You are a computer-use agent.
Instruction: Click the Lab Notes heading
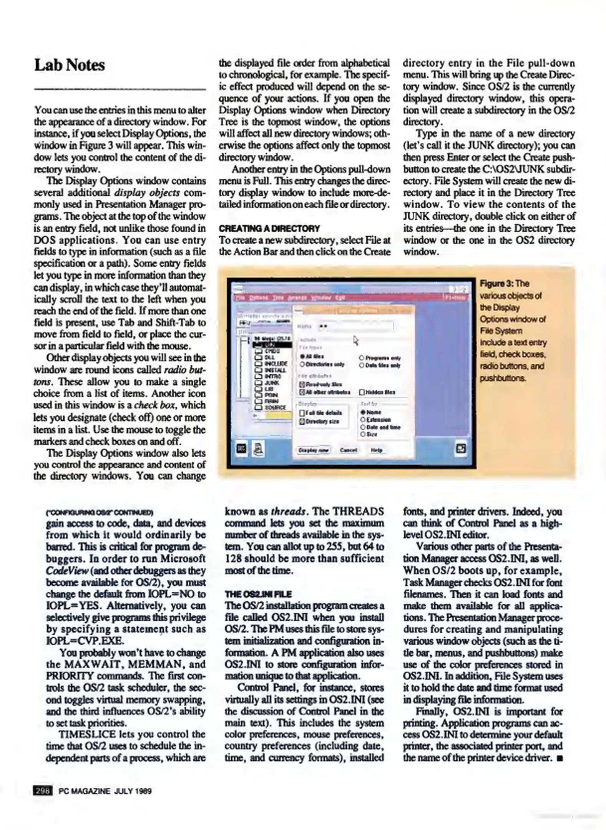tap(70, 65)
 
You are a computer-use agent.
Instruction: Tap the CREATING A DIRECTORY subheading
tap(269, 229)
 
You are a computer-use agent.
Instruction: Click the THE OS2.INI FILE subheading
tap(258, 594)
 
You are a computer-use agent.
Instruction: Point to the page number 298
tap(43, 791)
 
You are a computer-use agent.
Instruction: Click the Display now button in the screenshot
tap(314, 450)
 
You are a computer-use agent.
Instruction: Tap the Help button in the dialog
tap(376, 450)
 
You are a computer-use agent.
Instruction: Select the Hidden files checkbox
tap(362, 392)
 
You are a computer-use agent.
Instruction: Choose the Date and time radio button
tap(362, 427)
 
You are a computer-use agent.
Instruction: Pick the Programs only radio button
tap(362, 358)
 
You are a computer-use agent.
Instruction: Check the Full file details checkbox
tap(302, 413)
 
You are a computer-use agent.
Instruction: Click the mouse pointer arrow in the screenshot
tap(355, 340)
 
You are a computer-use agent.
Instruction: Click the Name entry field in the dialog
tap(355, 326)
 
